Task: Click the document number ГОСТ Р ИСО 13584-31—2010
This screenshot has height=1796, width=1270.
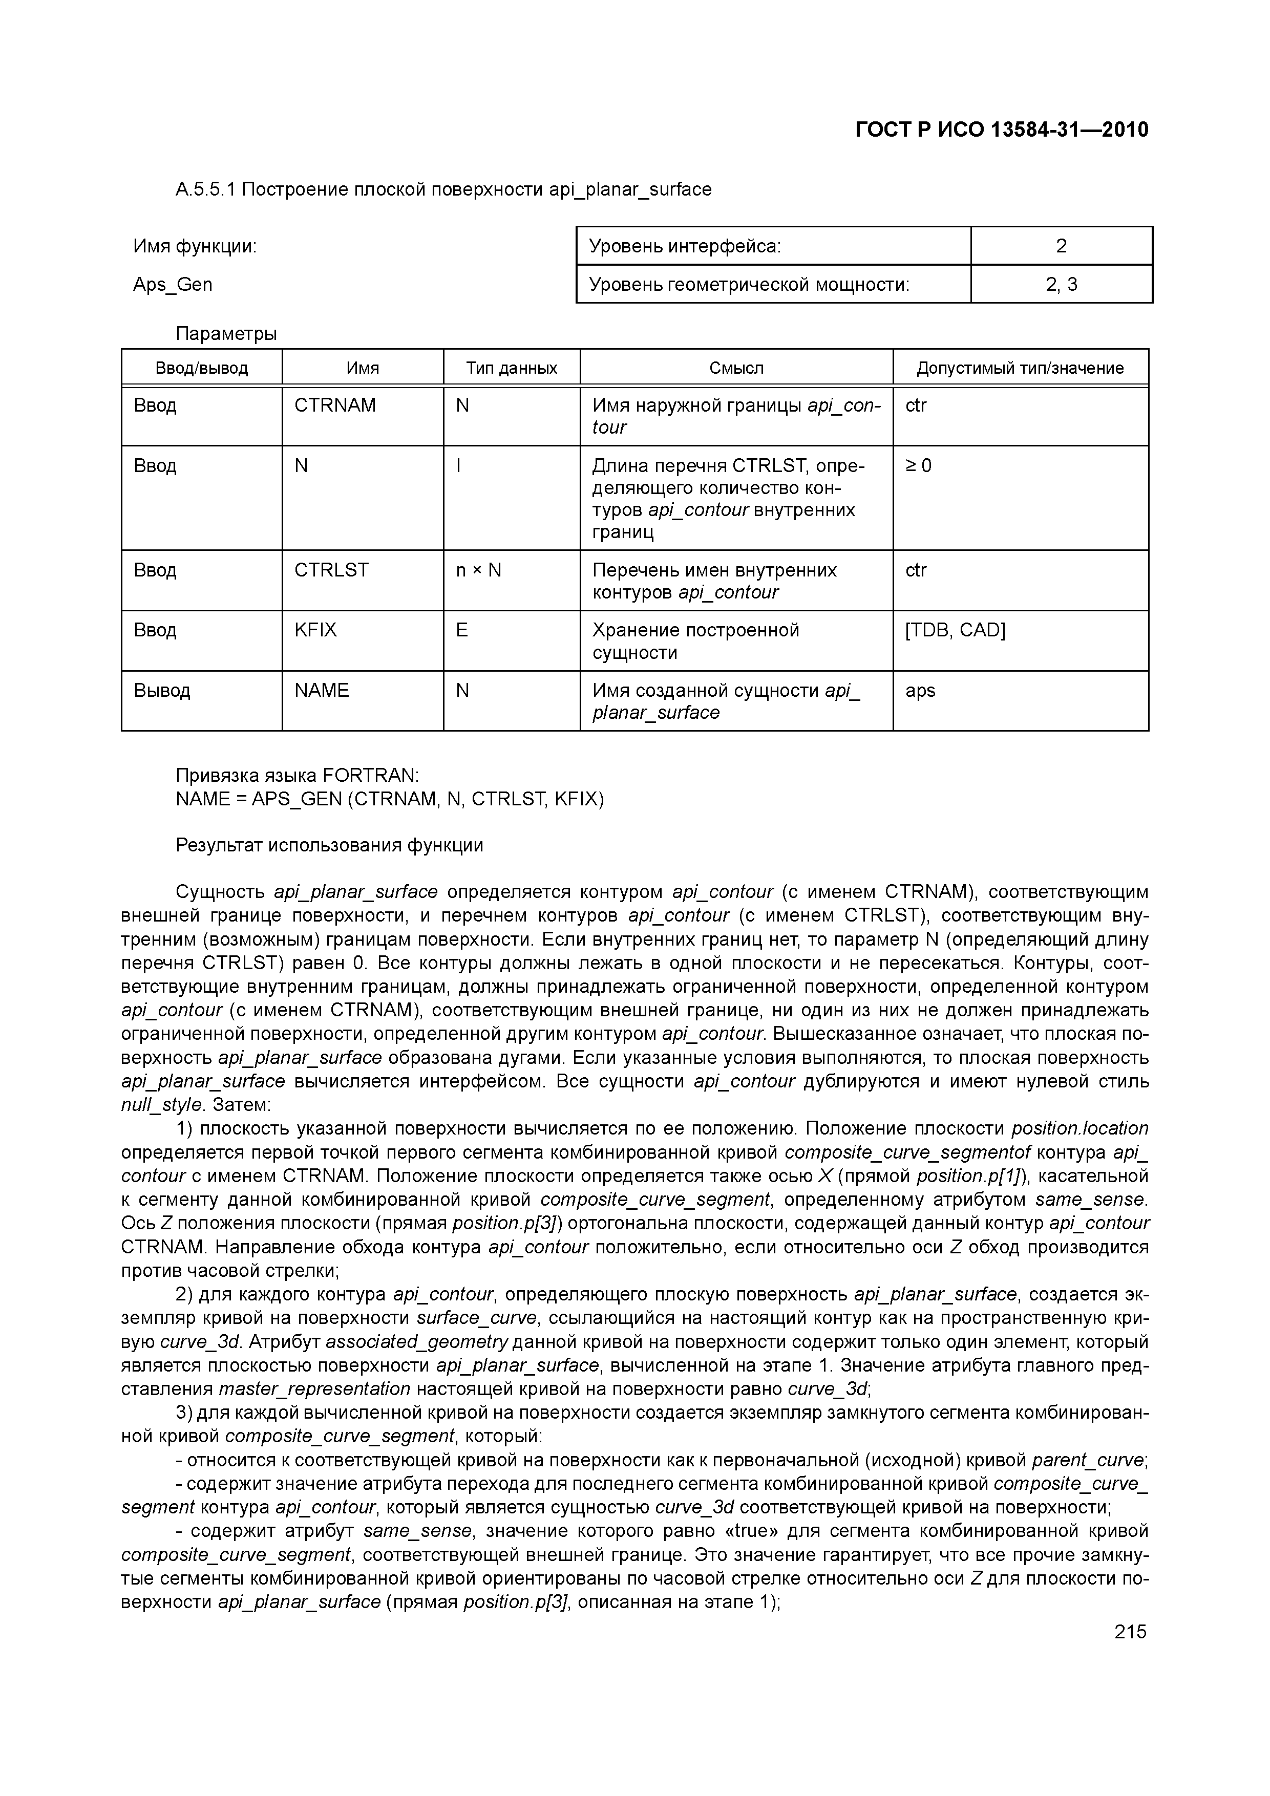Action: click(x=1002, y=130)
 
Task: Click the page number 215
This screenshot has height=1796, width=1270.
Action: click(x=1130, y=1632)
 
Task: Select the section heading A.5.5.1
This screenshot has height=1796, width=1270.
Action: click(x=443, y=189)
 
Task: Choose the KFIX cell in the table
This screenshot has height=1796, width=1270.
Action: click(x=315, y=630)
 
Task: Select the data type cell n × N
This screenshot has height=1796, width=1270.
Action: click(x=478, y=570)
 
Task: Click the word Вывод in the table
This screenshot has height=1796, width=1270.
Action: click(x=162, y=691)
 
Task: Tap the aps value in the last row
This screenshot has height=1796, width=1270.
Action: click(x=920, y=691)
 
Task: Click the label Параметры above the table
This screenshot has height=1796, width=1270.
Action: click(x=226, y=334)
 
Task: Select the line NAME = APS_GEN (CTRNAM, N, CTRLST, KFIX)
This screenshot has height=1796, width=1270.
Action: click(x=390, y=799)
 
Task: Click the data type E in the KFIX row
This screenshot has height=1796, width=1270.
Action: click(x=462, y=630)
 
